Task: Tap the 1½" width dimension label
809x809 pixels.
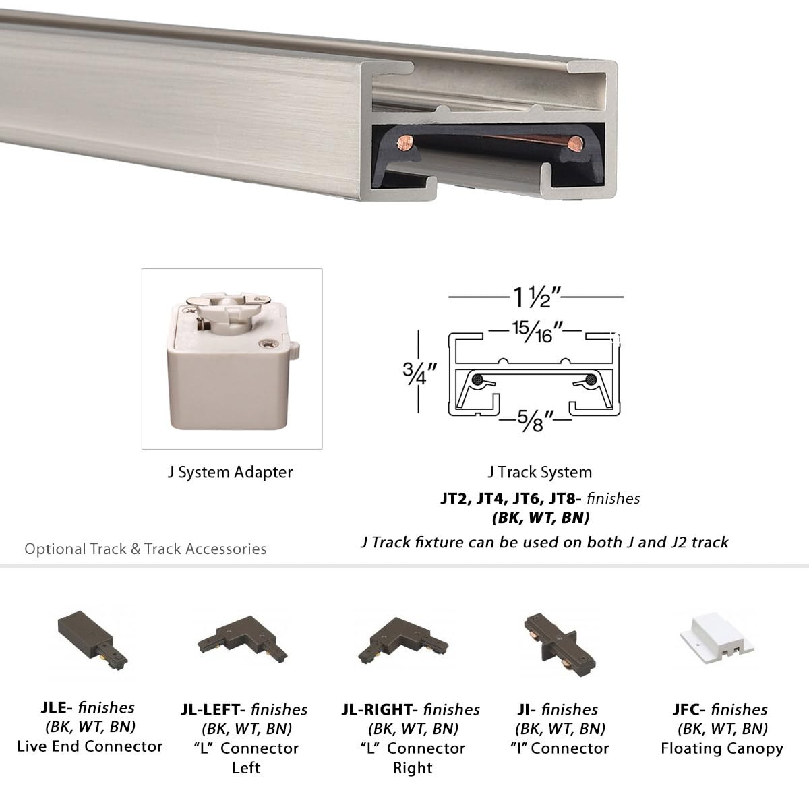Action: (537, 296)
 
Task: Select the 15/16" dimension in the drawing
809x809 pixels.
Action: (533, 332)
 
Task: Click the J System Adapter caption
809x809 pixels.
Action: (231, 472)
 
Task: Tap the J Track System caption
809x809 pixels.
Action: (539, 472)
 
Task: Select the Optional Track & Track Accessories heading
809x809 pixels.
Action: (146, 549)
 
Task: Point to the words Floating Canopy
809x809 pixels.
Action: (722, 748)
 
